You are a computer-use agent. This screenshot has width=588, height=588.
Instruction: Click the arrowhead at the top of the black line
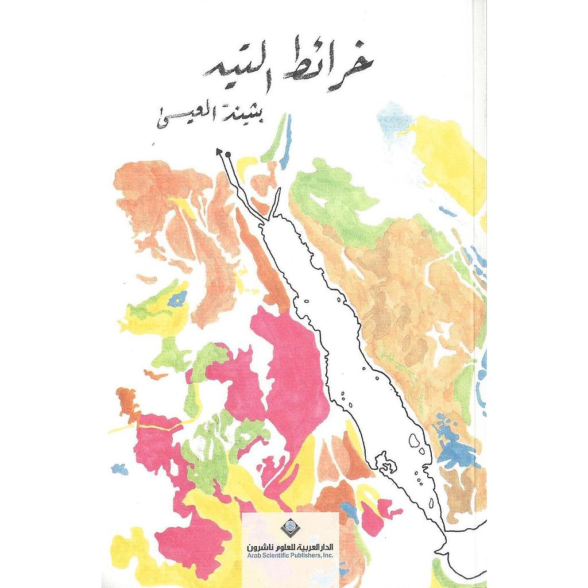tap(219, 151)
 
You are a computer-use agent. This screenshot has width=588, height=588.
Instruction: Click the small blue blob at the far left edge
tap(119, 469)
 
